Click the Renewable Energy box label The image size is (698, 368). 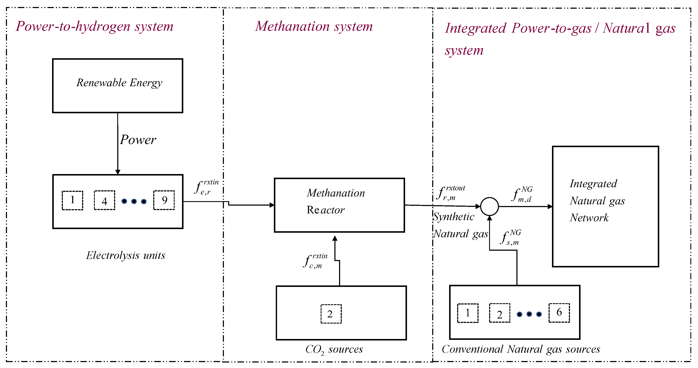pos(119,83)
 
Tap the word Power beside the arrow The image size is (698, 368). pos(138,140)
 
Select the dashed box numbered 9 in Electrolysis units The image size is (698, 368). pos(164,200)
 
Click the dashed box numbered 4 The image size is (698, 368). pos(105,200)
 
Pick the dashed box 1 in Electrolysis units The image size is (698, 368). pos(72,200)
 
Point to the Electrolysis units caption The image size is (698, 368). pos(126,255)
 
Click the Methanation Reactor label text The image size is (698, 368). pos(335,201)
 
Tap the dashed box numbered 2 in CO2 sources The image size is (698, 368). pos(331,314)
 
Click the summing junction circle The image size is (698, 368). pos(489,206)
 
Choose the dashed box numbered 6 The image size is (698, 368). pos(559,313)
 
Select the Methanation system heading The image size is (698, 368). pos(314,26)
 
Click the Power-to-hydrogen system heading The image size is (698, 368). pos(94,26)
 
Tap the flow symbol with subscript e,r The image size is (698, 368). pos(205,187)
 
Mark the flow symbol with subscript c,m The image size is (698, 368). pos(314,261)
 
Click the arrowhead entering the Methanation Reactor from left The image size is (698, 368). pos(272,205)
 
